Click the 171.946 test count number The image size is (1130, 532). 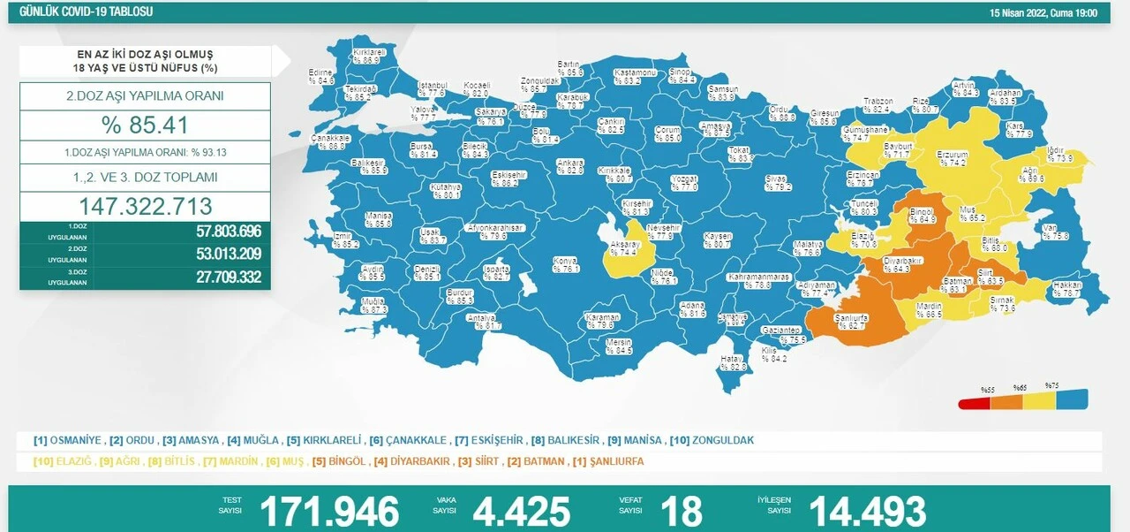tap(328, 511)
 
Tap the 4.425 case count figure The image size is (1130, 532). tap(522, 511)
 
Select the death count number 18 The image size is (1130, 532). tap(681, 511)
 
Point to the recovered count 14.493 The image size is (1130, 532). tap(867, 511)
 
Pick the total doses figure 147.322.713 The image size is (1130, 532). tap(146, 206)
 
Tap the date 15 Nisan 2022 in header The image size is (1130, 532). tap(1043, 12)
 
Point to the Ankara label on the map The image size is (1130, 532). tap(569, 166)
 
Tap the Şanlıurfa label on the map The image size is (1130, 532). tap(852, 321)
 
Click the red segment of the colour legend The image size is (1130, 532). tap(975, 401)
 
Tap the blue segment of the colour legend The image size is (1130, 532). tap(1072, 399)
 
